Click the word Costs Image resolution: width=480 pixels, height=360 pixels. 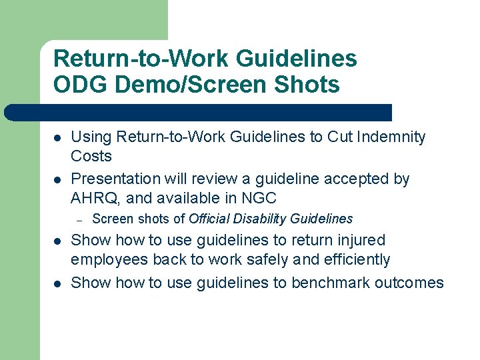91,157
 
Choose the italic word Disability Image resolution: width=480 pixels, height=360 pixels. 261,219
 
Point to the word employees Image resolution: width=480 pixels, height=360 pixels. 109,260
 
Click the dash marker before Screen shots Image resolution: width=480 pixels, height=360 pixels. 79,219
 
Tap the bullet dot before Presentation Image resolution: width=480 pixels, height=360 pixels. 58,179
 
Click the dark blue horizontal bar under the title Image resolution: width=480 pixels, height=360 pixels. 200,113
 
